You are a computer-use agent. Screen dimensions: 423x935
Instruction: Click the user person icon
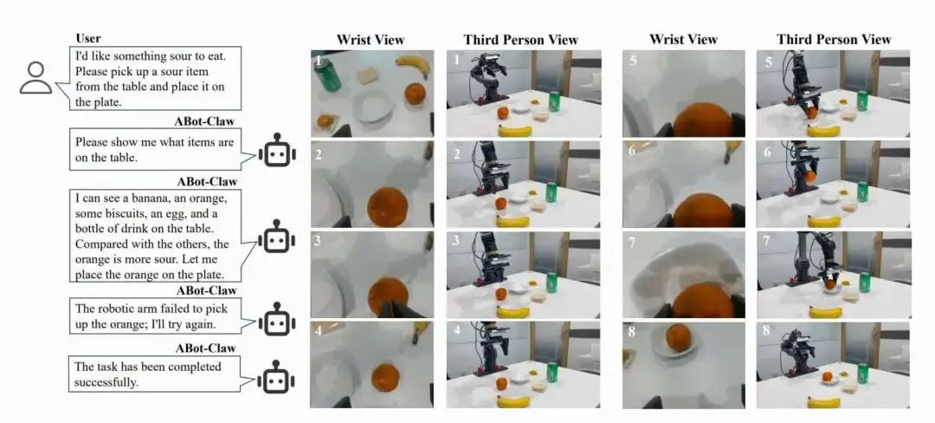click(x=35, y=78)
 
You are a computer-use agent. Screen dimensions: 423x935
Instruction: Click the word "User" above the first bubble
click(x=88, y=38)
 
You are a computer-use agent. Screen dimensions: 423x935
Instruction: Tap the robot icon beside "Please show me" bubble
click(x=277, y=152)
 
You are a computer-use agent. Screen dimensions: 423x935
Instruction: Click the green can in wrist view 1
click(x=328, y=76)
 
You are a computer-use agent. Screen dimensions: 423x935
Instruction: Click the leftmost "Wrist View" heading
click(x=371, y=39)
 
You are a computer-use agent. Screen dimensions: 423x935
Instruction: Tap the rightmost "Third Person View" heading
click(x=833, y=39)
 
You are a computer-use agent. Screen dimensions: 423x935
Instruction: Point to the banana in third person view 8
click(x=824, y=401)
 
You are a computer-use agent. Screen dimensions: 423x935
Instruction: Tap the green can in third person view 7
click(x=863, y=282)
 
